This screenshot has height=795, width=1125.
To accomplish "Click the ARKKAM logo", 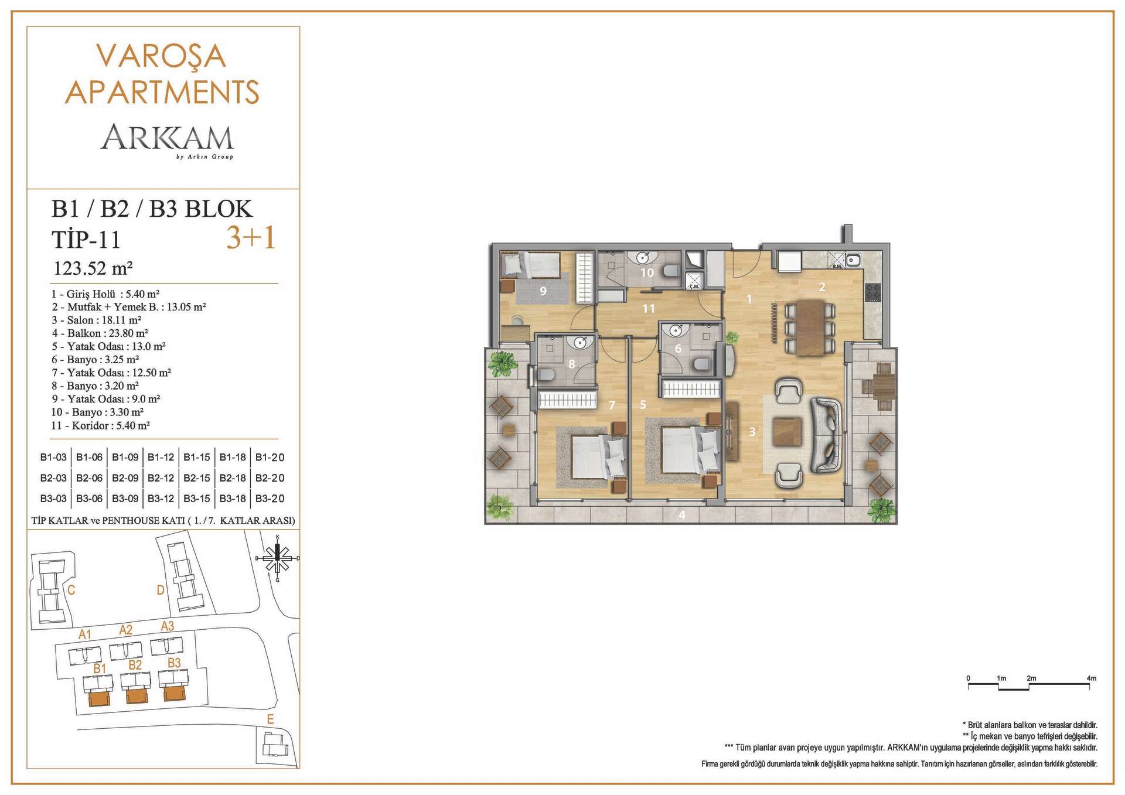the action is tap(168, 141).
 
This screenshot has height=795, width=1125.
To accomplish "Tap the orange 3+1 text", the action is tap(251, 238).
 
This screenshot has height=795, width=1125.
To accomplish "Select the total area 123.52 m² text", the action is tap(93, 268).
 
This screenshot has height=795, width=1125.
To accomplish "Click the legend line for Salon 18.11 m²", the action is tap(96, 320).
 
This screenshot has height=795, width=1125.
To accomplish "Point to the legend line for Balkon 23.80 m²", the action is tap(100, 333).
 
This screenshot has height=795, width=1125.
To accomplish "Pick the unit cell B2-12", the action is tap(161, 478).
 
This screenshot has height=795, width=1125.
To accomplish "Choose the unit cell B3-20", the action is tap(270, 499).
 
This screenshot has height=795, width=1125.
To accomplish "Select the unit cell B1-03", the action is tap(53, 458).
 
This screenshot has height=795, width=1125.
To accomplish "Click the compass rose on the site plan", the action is tap(278, 558).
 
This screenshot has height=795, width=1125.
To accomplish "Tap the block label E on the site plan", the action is tap(270, 719).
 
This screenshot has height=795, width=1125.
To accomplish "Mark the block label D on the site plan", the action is tap(161, 590).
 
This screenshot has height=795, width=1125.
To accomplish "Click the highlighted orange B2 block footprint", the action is tap(137, 696).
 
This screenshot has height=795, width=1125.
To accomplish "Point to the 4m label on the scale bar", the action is tap(1091, 678).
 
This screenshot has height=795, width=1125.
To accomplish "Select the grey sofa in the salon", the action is tap(826, 435).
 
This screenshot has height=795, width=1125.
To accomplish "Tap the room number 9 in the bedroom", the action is tap(543, 291).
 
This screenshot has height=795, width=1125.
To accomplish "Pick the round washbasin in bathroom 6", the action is tap(676, 330).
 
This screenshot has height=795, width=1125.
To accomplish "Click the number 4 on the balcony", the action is tap(682, 515).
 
